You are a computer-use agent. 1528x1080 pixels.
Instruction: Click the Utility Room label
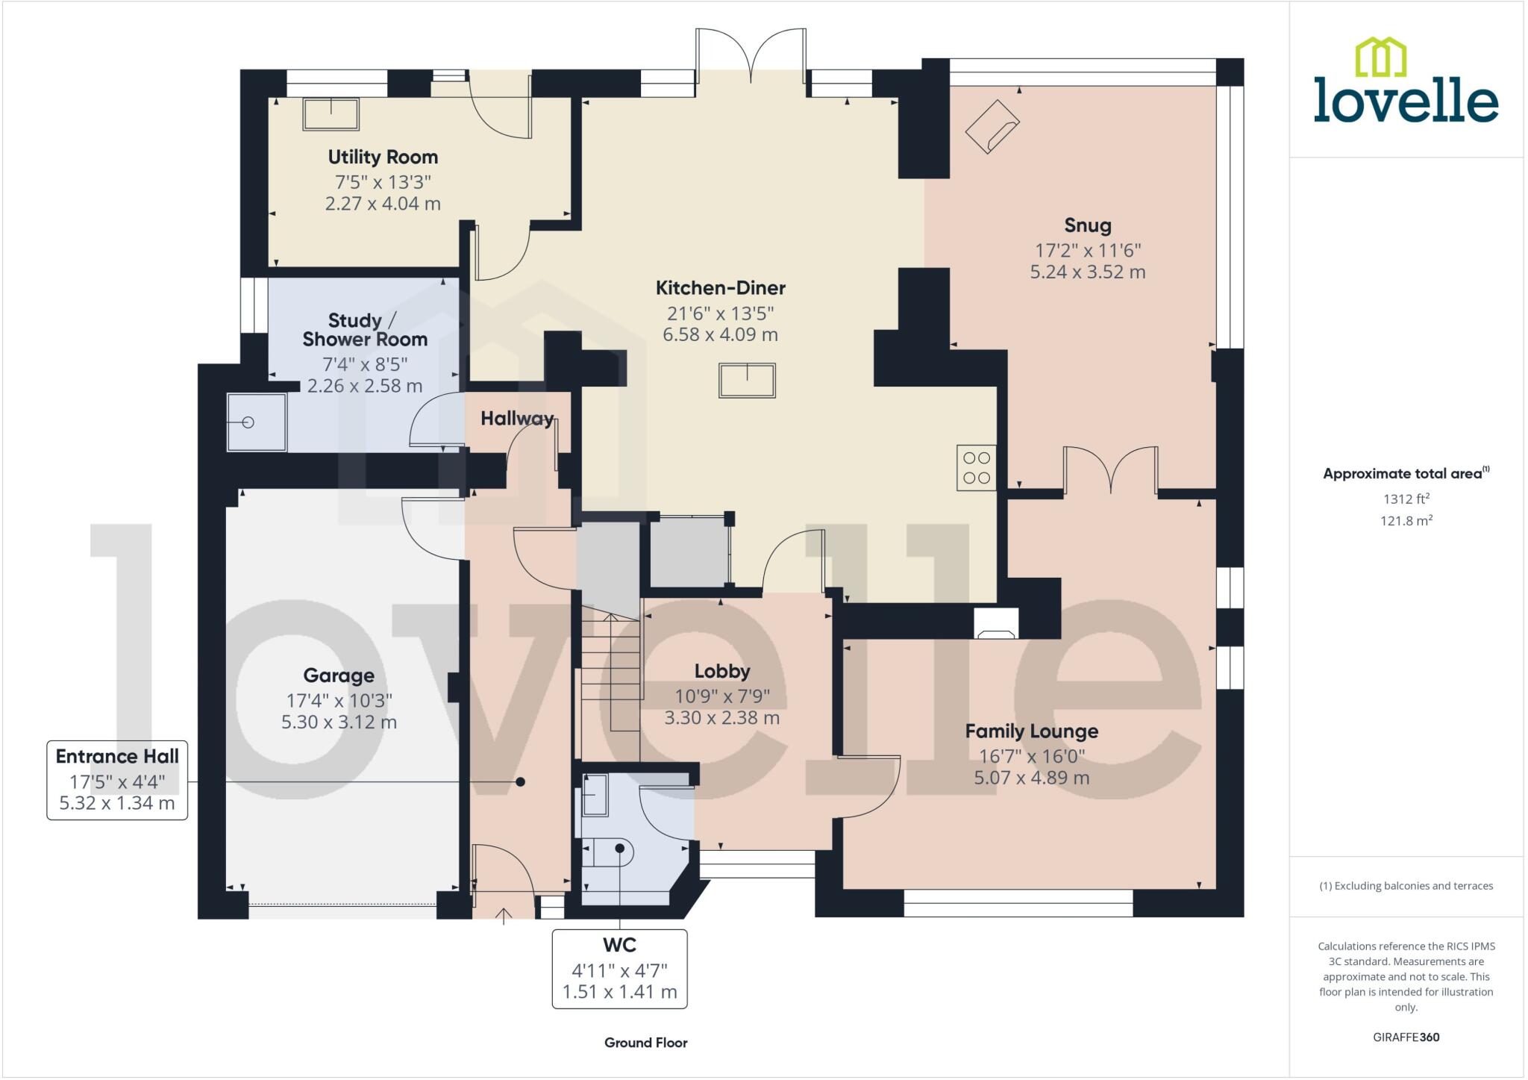[x=383, y=157]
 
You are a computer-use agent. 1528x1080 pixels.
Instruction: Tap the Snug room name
[x=1087, y=225]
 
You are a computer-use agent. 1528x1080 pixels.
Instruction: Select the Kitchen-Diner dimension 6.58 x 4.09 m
[x=720, y=334]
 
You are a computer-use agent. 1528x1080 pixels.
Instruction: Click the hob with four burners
[x=976, y=468]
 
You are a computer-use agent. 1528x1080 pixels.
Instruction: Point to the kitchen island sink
[x=747, y=381]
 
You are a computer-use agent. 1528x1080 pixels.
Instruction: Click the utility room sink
[x=331, y=114]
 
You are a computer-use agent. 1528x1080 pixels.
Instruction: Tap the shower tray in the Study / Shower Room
[x=256, y=422]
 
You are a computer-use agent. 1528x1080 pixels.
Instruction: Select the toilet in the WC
[x=608, y=850]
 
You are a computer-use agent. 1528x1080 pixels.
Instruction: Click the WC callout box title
[x=619, y=945]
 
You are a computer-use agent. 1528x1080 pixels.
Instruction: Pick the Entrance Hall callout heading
[x=117, y=756]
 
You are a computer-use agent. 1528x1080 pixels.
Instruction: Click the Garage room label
[x=339, y=675]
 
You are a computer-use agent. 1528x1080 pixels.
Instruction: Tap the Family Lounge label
[x=1031, y=731]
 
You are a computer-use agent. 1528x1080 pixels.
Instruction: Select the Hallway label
[x=517, y=419]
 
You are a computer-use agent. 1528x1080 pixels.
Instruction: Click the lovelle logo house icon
[x=1380, y=57]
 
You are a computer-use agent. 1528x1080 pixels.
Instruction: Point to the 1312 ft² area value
[x=1406, y=499]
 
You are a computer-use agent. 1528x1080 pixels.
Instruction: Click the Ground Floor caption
[x=645, y=1043]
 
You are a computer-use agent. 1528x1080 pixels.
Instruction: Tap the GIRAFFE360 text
[x=1406, y=1037]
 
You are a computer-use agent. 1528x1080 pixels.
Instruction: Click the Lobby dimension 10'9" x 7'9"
[x=721, y=696]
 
